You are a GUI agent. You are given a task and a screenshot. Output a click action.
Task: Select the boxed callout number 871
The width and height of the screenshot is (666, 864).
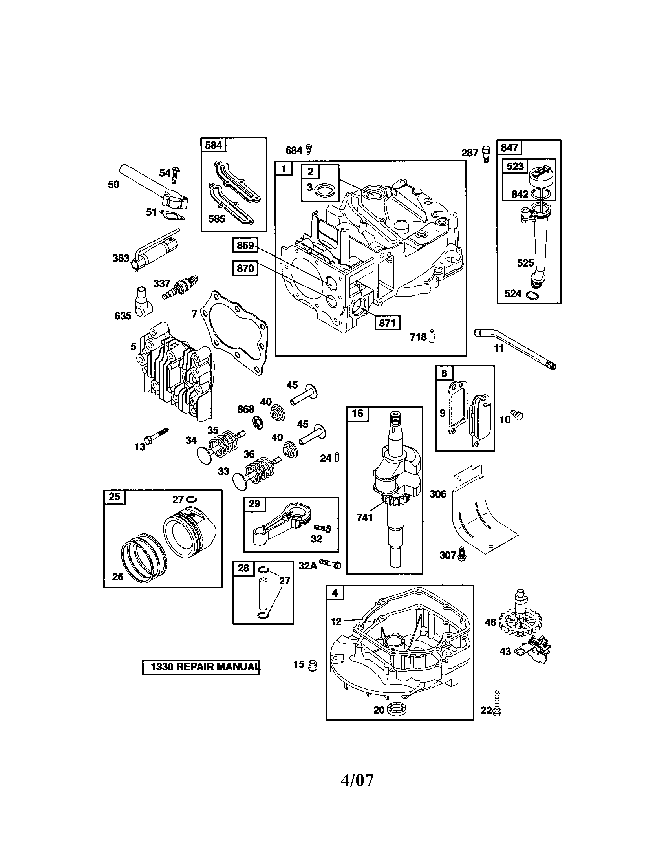click(387, 323)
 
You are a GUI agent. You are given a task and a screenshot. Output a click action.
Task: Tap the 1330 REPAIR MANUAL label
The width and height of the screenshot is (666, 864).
click(201, 666)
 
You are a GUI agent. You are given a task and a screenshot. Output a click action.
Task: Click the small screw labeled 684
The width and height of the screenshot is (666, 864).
click(309, 150)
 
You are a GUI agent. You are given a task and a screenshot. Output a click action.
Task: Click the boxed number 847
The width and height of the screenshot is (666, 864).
click(509, 148)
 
